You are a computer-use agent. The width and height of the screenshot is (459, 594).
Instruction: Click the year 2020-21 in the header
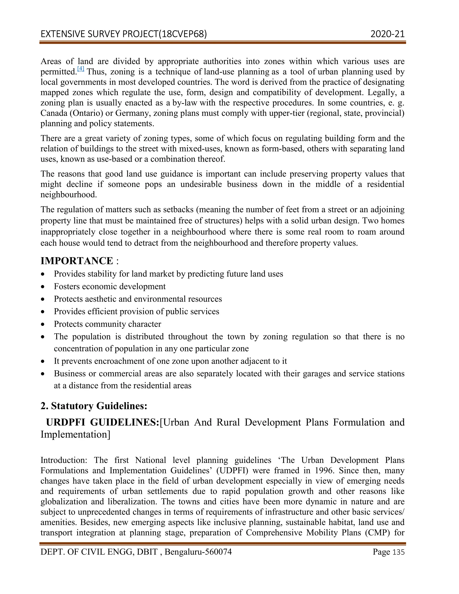click(x=387, y=34)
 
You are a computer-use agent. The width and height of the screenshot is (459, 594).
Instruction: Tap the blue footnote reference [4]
click(x=81, y=69)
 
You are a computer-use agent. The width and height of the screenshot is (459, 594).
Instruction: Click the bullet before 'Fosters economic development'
click(x=43, y=287)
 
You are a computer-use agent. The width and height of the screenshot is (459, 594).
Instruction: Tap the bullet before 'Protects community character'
click(x=43, y=324)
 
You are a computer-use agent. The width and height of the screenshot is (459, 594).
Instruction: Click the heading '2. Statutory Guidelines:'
click(x=94, y=406)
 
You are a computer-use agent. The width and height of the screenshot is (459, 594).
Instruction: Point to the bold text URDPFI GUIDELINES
click(x=102, y=422)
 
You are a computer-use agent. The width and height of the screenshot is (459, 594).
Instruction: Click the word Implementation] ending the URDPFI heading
click(x=75, y=434)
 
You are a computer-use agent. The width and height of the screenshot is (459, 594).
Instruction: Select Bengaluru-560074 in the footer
click(x=198, y=552)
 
